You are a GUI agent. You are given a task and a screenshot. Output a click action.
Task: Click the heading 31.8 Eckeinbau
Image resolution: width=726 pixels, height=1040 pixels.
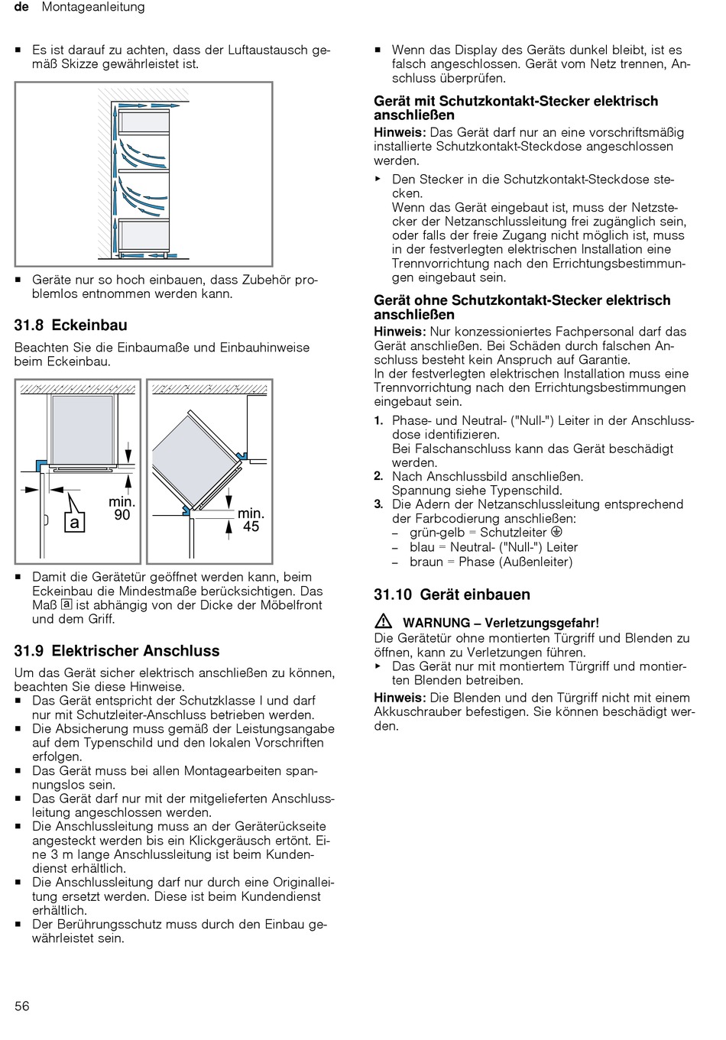(x=70, y=326)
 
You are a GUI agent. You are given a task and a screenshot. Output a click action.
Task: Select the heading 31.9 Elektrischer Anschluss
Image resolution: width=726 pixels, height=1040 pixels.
(x=116, y=651)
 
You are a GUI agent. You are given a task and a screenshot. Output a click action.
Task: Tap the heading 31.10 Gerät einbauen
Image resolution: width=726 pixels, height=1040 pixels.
(x=452, y=595)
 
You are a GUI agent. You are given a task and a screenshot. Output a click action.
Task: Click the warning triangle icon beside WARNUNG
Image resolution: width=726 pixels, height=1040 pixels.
(x=384, y=621)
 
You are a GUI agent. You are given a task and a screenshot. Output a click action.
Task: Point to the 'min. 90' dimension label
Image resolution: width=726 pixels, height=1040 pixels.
(x=122, y=508)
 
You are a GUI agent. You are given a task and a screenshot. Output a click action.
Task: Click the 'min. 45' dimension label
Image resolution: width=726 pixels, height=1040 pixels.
(x=251, y=520)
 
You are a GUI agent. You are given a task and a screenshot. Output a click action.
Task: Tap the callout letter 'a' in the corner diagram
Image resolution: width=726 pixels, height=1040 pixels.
(x=74, y=522)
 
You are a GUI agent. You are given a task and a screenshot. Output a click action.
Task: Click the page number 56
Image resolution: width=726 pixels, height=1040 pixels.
(x=22, y=1006)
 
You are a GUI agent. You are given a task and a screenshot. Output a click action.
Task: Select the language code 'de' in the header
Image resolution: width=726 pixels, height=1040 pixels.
(x=21, y=7)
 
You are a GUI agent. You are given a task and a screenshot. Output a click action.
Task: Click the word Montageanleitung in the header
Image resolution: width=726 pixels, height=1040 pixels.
(x=92, y=7)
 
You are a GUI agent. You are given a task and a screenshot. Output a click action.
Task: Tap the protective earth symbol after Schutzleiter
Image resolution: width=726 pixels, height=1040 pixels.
(x=556, y=532)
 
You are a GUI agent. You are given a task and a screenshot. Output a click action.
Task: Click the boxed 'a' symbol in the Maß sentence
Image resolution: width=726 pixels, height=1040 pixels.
(x=66, y=604)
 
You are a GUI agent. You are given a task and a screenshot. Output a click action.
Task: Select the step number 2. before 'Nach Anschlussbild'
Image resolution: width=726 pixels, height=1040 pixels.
(x=378, y=476)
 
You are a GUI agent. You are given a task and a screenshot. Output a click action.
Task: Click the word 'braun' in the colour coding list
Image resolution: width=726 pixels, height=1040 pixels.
(x=426, y=562)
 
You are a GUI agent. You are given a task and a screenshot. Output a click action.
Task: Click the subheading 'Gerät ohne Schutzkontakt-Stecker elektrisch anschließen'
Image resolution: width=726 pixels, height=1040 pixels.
(x=521, y=307)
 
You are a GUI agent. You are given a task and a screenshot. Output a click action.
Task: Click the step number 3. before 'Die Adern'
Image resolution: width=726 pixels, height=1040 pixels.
(x=378, y=504)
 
